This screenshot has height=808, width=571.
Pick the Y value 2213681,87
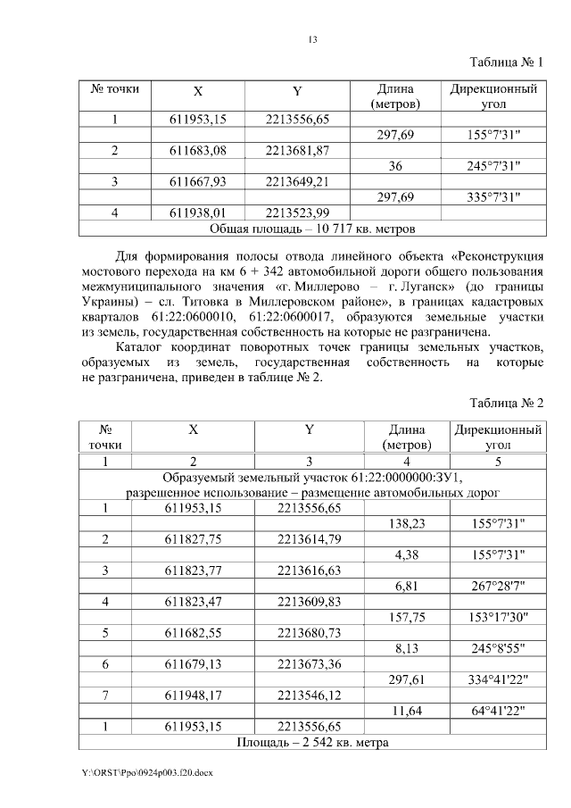click(x=297, y=150)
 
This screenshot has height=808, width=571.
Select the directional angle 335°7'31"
click(x=493, y=196)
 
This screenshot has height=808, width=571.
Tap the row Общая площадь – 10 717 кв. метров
click(x=312, y=229)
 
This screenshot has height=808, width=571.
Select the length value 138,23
click(x=407, y=524)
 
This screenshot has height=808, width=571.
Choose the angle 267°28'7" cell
click(x=497, y=586)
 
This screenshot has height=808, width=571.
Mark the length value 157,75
click(x=407, y=617)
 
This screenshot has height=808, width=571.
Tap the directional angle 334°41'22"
click(x=497, y=679)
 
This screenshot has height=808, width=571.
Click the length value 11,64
click(x=407, y=711)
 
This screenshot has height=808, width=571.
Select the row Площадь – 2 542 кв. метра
click(x=312, y=742)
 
